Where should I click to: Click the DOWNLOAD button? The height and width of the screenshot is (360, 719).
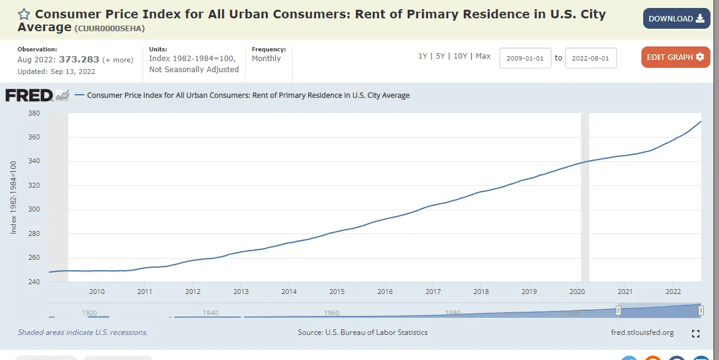(676, 18)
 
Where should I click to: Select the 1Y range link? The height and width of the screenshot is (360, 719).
(422, 56)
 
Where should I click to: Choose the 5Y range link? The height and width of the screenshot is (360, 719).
(440, 56)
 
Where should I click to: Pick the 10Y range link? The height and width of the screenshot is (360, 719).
(460, 56)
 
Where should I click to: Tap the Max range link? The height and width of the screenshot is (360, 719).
(483, 56)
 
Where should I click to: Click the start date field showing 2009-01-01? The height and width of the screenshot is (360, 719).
(525, 58)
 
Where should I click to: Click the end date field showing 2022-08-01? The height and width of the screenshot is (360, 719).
(591, 58)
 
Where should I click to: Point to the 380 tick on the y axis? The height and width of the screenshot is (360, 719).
(34, 113)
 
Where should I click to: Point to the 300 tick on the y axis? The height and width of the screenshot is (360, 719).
(34, 210)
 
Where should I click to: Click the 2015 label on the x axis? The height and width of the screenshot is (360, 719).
(337, 292)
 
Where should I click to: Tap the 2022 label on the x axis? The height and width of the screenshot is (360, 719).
(673, 292)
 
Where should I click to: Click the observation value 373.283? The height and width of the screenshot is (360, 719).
(79, 60)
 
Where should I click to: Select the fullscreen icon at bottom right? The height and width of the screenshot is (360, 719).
(695, 334)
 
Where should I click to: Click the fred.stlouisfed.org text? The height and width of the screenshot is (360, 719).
(642, 332)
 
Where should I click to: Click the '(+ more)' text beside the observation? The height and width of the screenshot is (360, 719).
(117, 60)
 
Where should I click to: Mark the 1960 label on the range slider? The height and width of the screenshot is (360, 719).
(331, 313)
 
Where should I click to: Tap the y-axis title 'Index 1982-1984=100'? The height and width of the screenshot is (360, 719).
(13, 197)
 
